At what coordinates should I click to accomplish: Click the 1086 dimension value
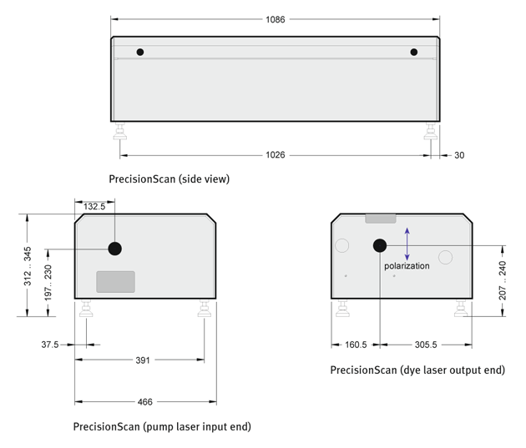pyautogui.click(x=275, y=19)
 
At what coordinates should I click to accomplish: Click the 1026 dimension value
pyautogui.click(x=275, y=155)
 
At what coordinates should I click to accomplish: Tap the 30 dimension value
pyautogui.click(x=459, y=155)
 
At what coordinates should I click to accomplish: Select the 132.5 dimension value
pyautogui.click(x=94, y=206)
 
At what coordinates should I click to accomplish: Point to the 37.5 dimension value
pyautogui.click(x=49, y=345)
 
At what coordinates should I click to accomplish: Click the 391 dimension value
pyautogui.click(x=143, y=360)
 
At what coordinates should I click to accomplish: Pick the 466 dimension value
pyautogui.click(x=145, y=402)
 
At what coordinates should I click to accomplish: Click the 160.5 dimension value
pyautogui.click(x=356, y=345)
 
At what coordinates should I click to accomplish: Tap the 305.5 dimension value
pyautogui.click(x=426, y=345)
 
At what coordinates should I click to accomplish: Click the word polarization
pyautogui.click(x=407, y=266)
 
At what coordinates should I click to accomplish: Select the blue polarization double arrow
pyautogui.click(x=407, y=244)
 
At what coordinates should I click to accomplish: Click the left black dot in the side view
pyautogui.click(x=140, y=52)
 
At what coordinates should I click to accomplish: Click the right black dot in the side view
pyautogui.click(x=414, y=52)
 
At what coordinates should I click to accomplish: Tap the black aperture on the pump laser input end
pyautogui.click(x=114, y=249)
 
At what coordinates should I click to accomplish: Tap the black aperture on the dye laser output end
pyautogui.click(x=380, y=245)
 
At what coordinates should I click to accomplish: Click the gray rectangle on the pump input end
pyautogui.click(x=116, y=282)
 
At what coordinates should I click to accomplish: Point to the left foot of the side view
pyautogui.click(x=119, y=131)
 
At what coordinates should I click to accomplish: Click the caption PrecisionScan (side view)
pyautogui.click(x=169, y=179)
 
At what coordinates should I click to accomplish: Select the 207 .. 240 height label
pyautogui.click(x=502, y=280)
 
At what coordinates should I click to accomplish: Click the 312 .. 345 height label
pyautogui.click(x=28, y=266)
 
